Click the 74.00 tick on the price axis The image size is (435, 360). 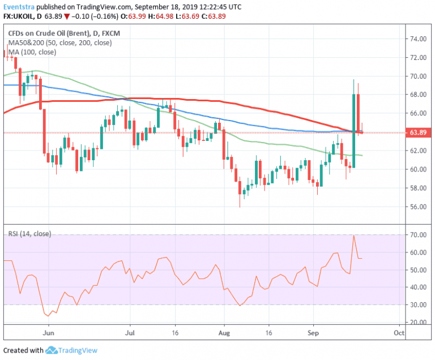[x=419, y=39]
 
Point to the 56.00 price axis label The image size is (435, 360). [x=419, y=207]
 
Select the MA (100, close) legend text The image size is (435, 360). [x=32, y=52]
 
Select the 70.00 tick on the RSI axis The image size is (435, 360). [x=419, y=235]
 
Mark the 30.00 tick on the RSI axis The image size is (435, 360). [x=419, y=305]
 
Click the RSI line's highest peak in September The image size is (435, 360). [x=353, y=235]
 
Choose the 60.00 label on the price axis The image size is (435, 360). [x=419, y=169]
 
